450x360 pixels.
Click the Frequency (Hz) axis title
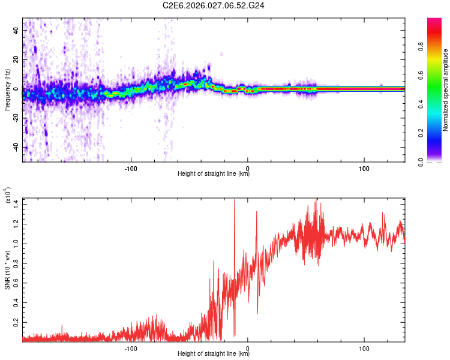[x=7, y=90]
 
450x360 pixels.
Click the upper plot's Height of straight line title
[x=214, y=174]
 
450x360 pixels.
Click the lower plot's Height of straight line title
[x=214, y=353]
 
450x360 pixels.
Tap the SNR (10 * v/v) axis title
[x=7, y=269]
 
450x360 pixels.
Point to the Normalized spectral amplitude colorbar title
[x=445, y=90]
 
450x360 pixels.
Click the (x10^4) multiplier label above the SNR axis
[x=7, y=196]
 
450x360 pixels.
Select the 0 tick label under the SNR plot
[x=248, y=347]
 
